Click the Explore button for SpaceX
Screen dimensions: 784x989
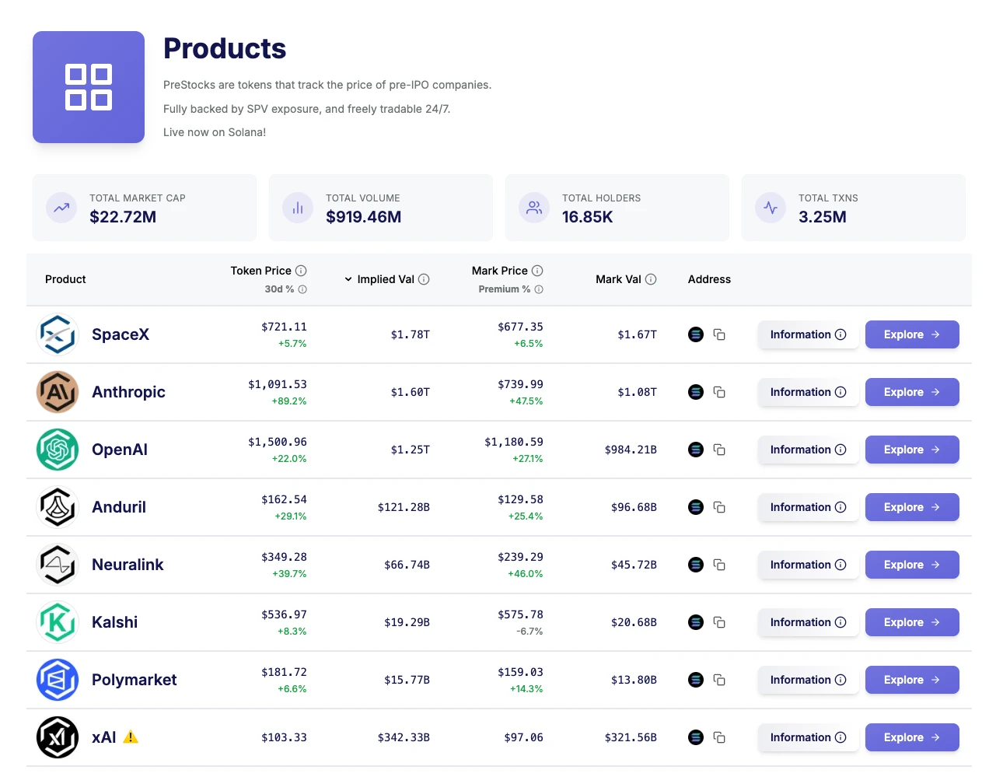(911, 334)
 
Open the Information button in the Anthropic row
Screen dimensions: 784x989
(808, 392)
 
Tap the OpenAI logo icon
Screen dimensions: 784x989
(58, 450)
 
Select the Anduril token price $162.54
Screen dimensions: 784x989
(284, 499)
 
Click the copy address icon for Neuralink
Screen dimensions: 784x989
(719, 565)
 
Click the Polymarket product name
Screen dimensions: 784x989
(134, 680)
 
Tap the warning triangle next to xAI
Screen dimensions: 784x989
(131, 737)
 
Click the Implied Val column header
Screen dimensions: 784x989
(386, 279)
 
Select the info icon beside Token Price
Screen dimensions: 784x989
(301, 271)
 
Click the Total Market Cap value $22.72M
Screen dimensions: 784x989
(123, 217)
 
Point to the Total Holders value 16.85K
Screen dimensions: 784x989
(587, 217)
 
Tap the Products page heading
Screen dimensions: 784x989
(225, 48)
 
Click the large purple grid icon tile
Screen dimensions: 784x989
(89, 87)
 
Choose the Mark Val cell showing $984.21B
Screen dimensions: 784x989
(630, 450)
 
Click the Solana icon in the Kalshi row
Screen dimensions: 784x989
(696, 622)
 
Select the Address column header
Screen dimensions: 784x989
(709, 279)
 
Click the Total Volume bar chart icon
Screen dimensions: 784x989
(298, 208)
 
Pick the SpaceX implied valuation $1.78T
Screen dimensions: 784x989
(410, 334)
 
